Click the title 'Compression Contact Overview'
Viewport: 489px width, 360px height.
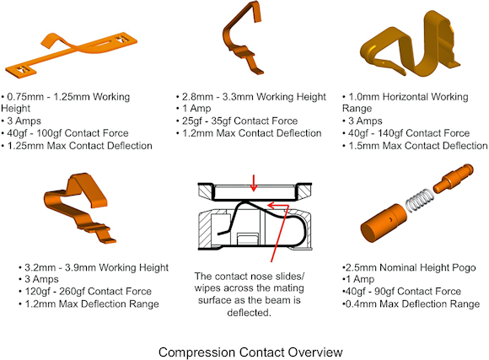250,352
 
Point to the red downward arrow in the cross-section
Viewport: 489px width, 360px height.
254,183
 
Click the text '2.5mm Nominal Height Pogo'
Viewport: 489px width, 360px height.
409,267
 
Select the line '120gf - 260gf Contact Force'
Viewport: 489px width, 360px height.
85,292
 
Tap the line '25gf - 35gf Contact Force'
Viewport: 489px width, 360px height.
237,121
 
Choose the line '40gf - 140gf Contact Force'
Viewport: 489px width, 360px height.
406,133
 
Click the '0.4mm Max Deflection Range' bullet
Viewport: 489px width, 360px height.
411,304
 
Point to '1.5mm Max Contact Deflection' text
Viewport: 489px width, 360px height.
415,145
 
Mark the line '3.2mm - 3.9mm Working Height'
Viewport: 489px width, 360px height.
94,267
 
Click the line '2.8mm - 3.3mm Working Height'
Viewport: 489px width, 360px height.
251,97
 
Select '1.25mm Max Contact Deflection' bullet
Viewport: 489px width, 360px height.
77,145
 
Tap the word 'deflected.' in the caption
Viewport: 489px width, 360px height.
250,312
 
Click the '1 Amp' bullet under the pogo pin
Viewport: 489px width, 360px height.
358,279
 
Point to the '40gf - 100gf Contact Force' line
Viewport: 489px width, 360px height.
65,133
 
